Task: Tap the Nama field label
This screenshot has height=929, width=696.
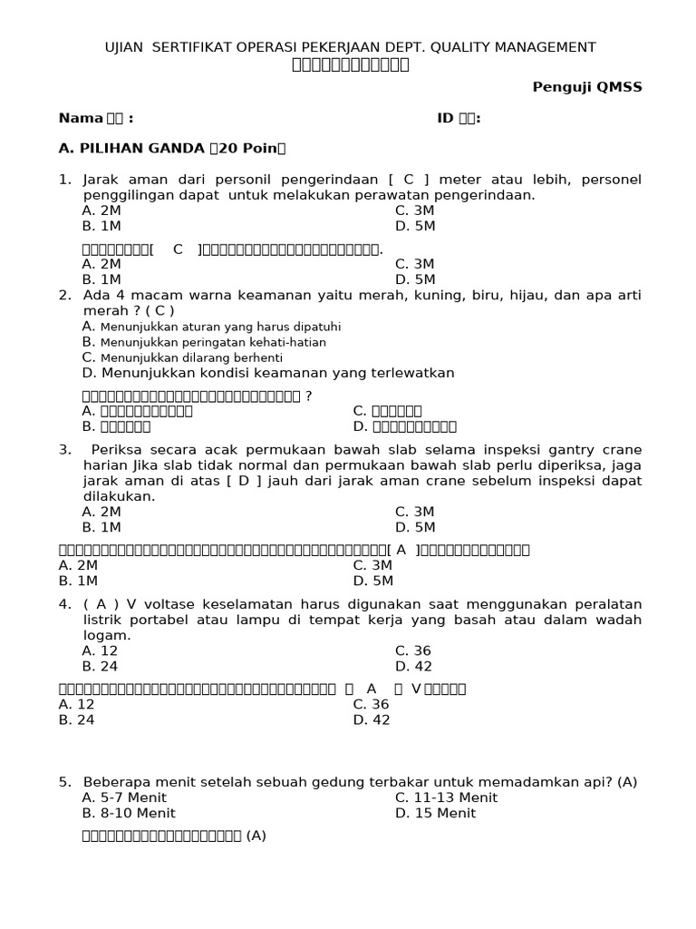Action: pyautogui.click(x=81, y=118)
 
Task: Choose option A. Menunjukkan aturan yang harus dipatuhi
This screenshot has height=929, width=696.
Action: pyautogui.click(x=211, y=327)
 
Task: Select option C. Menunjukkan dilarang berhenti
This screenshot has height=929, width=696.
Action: pyautogui.click(x=182, y=357)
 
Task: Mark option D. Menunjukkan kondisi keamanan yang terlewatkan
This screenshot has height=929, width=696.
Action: pyautogui.click(x=267, y=373)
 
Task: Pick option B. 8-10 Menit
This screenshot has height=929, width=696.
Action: pyautogui.click(x=128, y=813)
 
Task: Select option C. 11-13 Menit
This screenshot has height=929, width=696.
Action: pyautogui.click(x=446, y=797)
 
